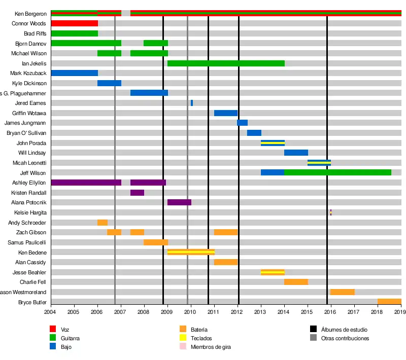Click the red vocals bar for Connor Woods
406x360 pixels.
click(x=74, y=23)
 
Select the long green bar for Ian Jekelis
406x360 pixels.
click(x=226, y=63)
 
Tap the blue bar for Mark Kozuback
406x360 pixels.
click(x=74, y=73)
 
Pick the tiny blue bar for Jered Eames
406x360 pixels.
click(x=192, y=103)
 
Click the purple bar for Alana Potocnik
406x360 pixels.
click(x=179, y=202)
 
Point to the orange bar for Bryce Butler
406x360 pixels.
click(x=389, y=302)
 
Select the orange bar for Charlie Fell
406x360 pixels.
click(x=296, y=282)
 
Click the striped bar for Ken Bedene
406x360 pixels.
click(x=191, y=252)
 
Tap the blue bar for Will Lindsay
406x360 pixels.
click(x=296, y=153)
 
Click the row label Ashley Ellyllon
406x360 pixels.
click(x=29, y=183)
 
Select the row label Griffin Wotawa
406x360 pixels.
click(x=29, y=113)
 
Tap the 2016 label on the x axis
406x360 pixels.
click(x=331, y=313)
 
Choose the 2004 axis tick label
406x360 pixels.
click(x=51, y=313)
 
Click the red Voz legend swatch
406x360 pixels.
click(x=52, y=329)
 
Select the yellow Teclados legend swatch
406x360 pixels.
click(x=183, y=338)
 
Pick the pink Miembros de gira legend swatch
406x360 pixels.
click(x=183, y=347)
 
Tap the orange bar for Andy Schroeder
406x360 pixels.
click(x=102, y=223)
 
